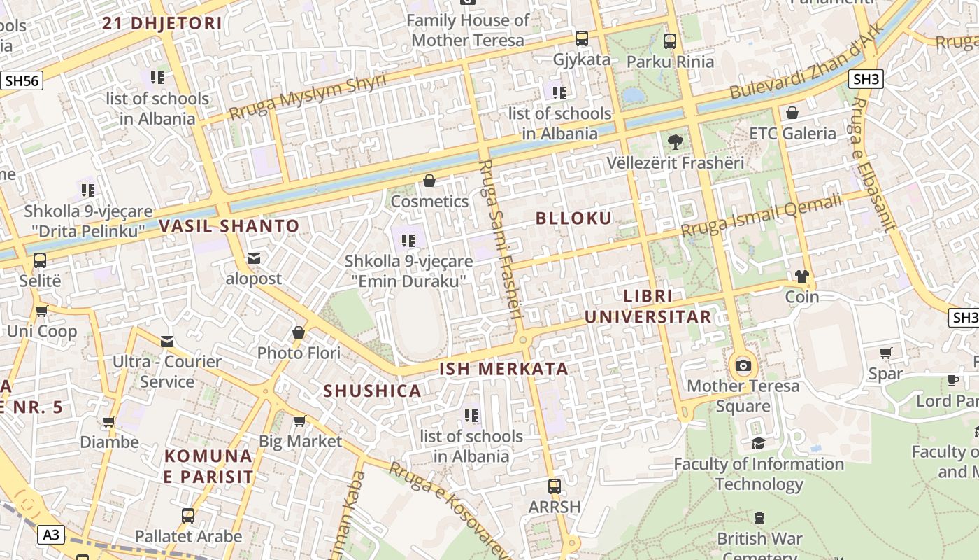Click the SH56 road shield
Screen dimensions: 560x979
click(x=21, y=80)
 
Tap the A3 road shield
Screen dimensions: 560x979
click(x=50, y=535)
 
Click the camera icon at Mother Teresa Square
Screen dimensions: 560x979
click(x=743, y=365)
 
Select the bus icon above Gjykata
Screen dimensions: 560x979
click(x=582, y=38)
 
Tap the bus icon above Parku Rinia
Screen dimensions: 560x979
click(x=670, y=41)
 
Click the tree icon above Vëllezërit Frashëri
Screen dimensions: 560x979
click(x=676, y=143)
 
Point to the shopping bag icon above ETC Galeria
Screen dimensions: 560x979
click(x=792, y=113)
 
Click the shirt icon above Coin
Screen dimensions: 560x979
click(x=801, y=276)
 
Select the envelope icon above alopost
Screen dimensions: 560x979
click(x=254, y=258)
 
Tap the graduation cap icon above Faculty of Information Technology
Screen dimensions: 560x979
click(x=758, y=443)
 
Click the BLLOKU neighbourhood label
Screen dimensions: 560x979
click(x=573, y=218)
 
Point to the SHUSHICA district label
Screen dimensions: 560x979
click(x=373, y=391)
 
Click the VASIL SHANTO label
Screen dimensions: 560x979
click(x=229, y=226)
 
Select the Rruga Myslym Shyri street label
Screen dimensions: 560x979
click(x=308, y=96)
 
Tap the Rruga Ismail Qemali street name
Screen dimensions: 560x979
click(x=762, y=216)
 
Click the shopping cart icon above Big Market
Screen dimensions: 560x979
click(x=300, y=421)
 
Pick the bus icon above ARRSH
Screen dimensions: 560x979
click(x=555, y=486)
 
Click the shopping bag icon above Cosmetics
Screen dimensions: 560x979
click(x=429, y=181)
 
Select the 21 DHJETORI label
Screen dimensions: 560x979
click(x=162, y=23)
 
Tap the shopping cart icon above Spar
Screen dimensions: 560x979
click(x=885, y=353)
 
